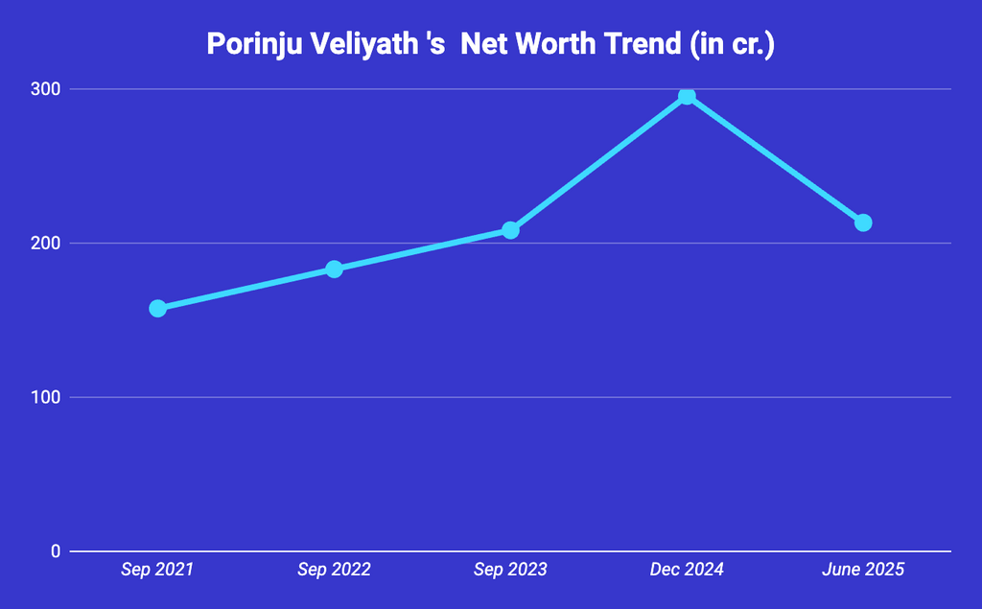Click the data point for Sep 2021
click(x=158, y=308)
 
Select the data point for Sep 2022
click(x=334, y=269)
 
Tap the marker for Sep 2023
click(x=510, y=230)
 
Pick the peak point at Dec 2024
click(x=687, y=96)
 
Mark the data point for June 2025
click(x=863, y=223)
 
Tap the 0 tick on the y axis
click(x=56, y=551)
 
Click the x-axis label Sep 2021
click(x=157, y=570)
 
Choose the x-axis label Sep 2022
click(x=334, y=570)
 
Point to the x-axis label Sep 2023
click(x=510, y=570)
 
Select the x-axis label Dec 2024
click(x=687, y=570)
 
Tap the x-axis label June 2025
click(x=863, y=570)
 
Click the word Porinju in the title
click(x=251, y=44)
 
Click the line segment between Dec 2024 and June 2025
click(x=775, y=159)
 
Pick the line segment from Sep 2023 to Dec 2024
click(x=598, y=163)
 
